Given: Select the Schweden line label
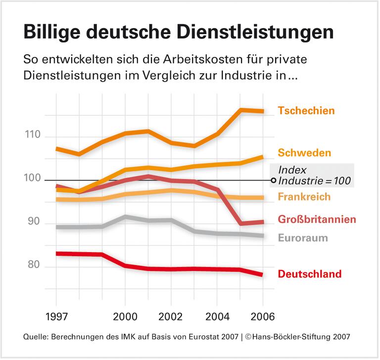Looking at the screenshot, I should (304, 152).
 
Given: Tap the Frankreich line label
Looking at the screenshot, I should (304, 197).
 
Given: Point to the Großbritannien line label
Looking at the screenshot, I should (317, 219).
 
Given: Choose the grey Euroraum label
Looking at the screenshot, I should (303, 238).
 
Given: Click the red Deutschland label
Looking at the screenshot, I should (310, 273).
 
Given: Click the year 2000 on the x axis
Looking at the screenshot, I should (125, 316).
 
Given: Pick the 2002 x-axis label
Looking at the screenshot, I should (171, 316).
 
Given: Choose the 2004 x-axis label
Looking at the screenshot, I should (217, 316).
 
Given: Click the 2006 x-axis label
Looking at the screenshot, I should (263, 316).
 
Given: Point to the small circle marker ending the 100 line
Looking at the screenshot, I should (274, 180).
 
